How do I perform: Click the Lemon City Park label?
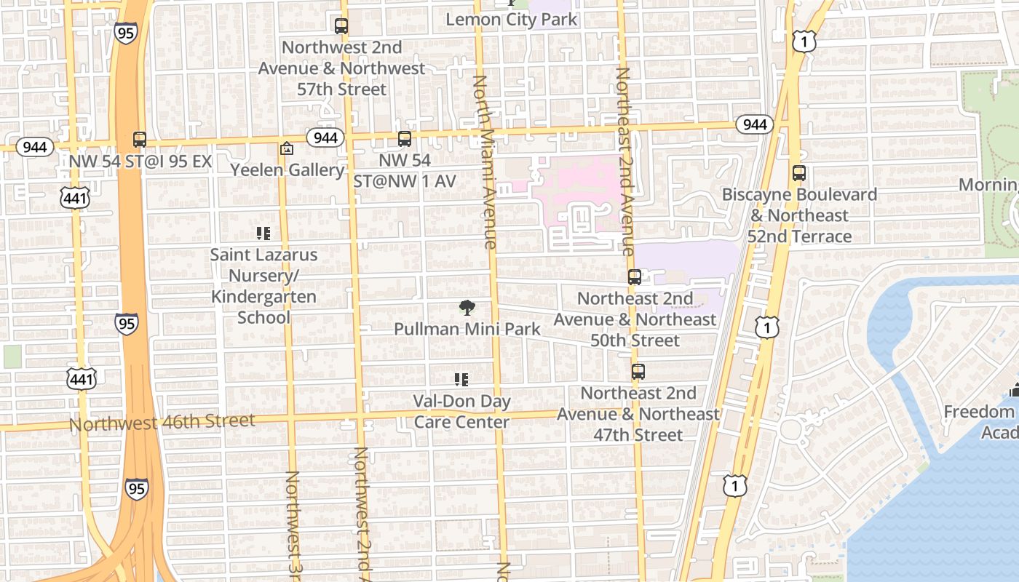[511, 20]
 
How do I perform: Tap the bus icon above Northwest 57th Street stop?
[341, 26]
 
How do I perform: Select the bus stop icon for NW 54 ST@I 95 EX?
[140, 140]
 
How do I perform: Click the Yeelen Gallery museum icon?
[287, 148]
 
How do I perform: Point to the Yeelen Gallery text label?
[287, 170]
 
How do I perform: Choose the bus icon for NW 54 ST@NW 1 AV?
[405, 138]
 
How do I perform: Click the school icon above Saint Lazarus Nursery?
[263, 234]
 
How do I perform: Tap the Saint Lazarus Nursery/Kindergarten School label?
[263, 287]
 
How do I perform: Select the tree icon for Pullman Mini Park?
[467, 308]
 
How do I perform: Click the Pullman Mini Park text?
[467, 329]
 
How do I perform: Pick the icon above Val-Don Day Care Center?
[461, 379]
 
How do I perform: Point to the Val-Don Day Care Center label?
[461, 412]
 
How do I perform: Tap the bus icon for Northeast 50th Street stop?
[635, 276]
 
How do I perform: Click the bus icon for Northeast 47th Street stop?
[638, 371]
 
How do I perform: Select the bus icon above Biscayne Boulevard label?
[799, 173]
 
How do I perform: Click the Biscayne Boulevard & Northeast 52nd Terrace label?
[799, 216]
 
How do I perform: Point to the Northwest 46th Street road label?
[162, 422]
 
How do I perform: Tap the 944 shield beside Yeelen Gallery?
[325, 137]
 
